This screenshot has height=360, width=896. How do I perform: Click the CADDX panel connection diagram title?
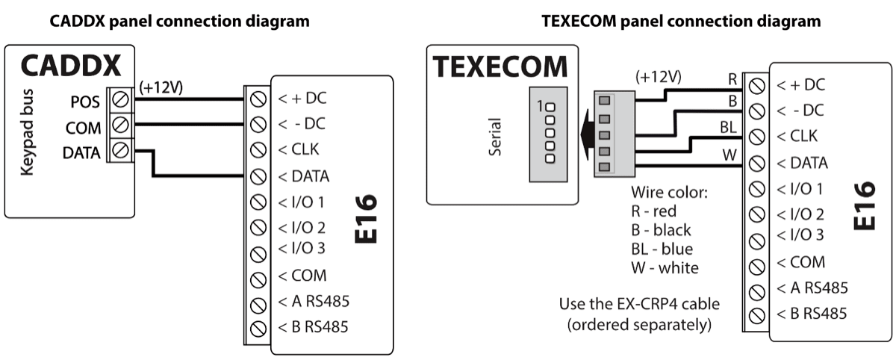pos(179,22)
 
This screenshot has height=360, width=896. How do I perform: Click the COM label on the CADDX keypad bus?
pos(84,128)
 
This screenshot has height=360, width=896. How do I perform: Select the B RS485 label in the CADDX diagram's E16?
pos(313,326)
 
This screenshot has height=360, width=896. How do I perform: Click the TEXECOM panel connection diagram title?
pos(682,22)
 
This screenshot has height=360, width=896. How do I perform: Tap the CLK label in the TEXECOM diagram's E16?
pos(797,137)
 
